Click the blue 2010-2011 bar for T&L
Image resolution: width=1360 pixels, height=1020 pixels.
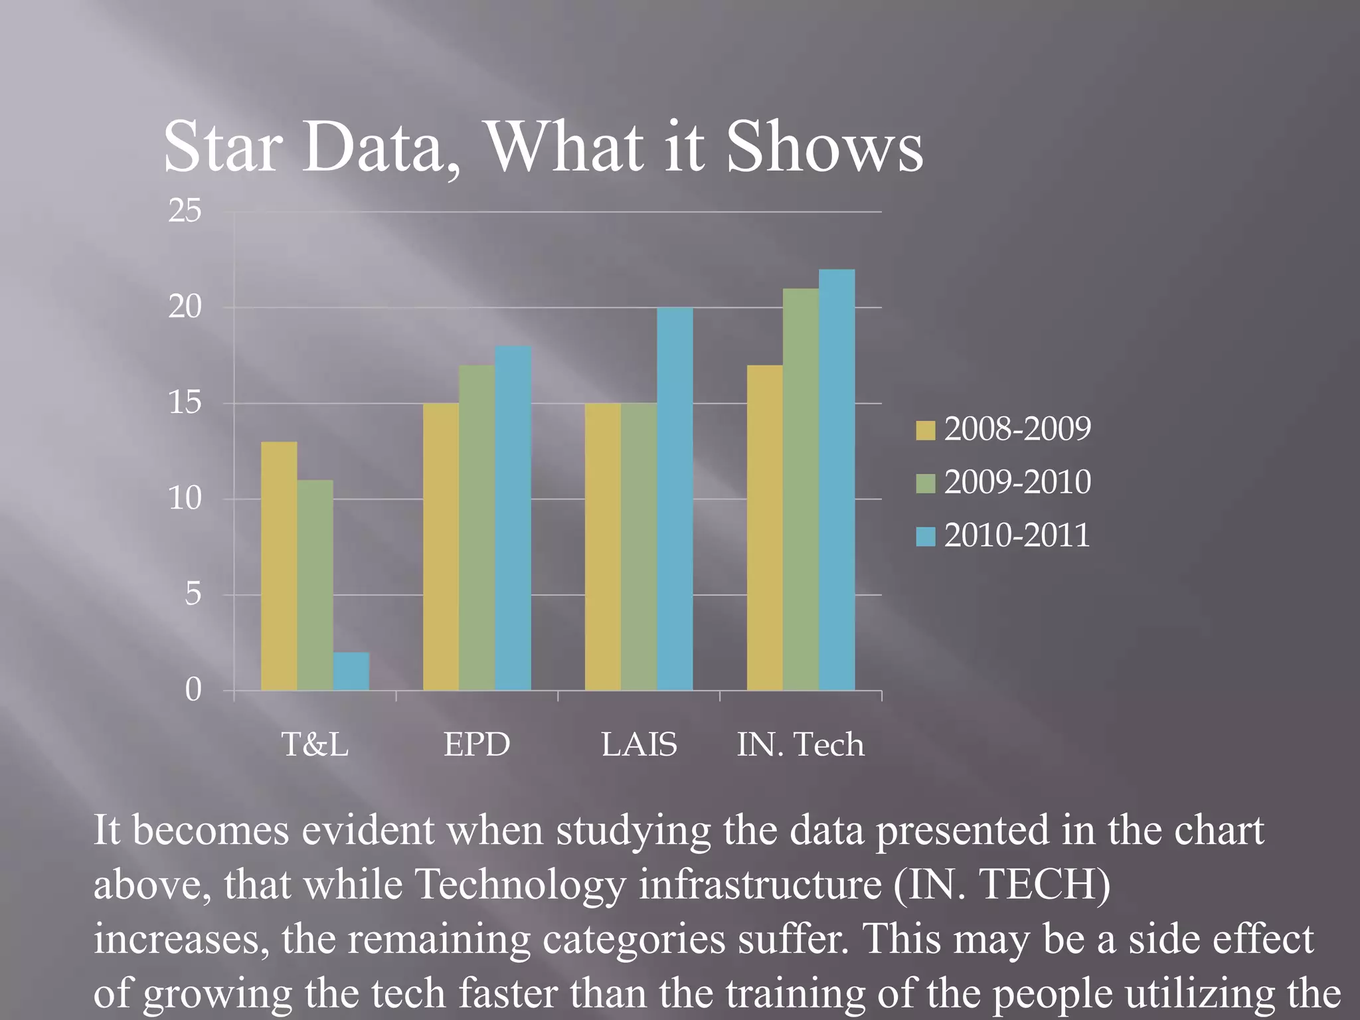351,671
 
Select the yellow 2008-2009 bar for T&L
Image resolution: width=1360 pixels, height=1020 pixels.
279,566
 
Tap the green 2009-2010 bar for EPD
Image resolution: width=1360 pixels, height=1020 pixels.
477,528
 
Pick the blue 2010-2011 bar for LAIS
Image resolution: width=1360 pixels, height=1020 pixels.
675,499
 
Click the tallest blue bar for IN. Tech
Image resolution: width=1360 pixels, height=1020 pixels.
837,479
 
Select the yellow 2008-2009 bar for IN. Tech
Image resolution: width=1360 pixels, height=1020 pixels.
764,528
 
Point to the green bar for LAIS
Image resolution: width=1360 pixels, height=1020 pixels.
639,547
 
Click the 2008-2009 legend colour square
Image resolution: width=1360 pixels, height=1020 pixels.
925,430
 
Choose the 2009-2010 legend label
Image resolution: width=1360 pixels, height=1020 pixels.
1017,482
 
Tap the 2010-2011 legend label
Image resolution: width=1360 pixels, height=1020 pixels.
1017,535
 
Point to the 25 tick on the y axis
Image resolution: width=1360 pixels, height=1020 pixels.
185,211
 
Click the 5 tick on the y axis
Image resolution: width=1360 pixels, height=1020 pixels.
193,594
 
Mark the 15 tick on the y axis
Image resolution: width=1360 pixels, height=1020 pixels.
185,403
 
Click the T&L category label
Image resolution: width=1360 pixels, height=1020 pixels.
315,744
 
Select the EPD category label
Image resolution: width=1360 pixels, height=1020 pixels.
477,744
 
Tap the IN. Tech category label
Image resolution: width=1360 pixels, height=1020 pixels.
801,744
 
